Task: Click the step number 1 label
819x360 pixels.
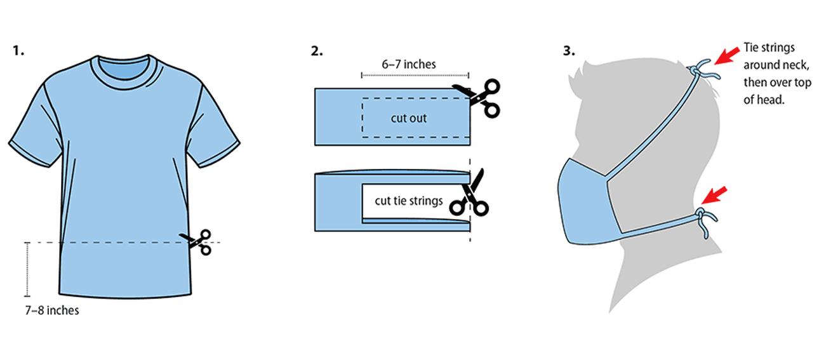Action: tap(18, 51)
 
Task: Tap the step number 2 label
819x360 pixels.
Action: tap(316, 51)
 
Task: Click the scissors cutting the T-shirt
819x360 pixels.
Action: tap(198, 242)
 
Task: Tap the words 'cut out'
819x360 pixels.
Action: tap(408, 118)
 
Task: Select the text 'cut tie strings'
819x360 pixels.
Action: tap(408, 201)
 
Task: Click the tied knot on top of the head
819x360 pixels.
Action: tap(702, 70)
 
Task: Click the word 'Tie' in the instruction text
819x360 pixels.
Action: tap(751, 48)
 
